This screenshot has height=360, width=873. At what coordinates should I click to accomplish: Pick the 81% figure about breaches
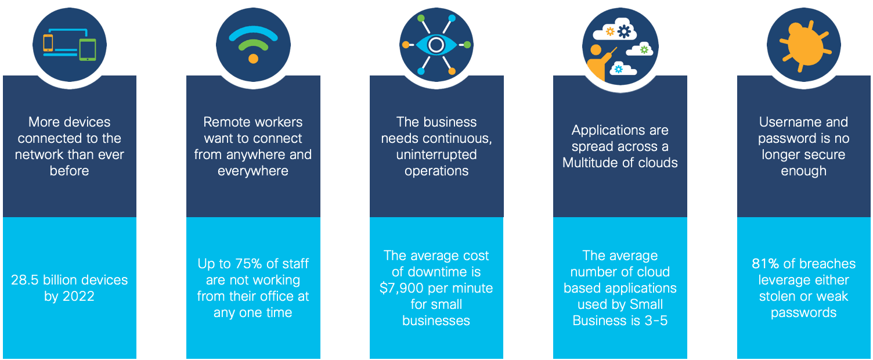pyautogui.click(x=765, y=264)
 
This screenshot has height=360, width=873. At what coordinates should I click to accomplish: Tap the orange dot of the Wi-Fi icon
pyautogui.click(x=253, y=58)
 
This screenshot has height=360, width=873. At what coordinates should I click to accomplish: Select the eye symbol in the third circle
pyautogui.click(x=436, y=44)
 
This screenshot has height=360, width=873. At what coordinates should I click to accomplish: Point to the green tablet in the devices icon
pyautogui.click(x=88, y=49)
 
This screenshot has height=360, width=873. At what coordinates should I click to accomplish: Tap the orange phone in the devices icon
pyautogui.click(x=48, y=43)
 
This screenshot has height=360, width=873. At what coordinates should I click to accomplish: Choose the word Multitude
pyautogui.click(x=591, y=163)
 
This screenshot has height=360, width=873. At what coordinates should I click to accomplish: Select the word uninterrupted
pyautogui.click(x=436, y=154)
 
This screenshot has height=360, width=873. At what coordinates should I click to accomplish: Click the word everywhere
pyautogui.click(x=253, y=171)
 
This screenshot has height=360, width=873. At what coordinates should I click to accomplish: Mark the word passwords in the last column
pyautogui.click(x=803, y=312)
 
